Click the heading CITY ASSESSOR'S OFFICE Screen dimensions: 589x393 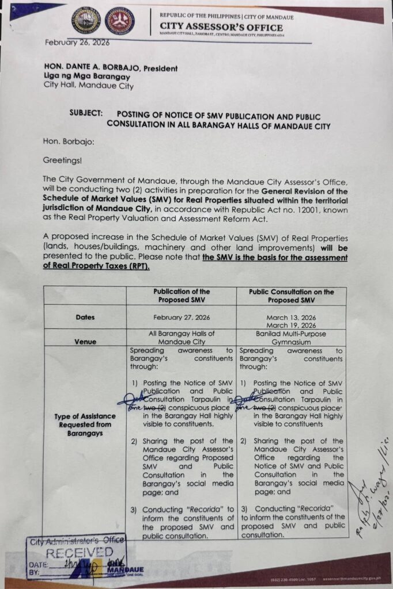[221, 28]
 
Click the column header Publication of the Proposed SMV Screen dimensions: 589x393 [182, 296]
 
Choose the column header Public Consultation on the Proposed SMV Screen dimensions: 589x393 [291, 296]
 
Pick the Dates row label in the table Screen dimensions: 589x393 [85, 317]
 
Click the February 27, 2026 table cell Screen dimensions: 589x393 [182, 317]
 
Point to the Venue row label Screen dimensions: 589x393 [85, 341]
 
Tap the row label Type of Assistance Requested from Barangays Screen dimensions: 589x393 [85, 424]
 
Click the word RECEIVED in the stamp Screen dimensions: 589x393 [79, 553]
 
